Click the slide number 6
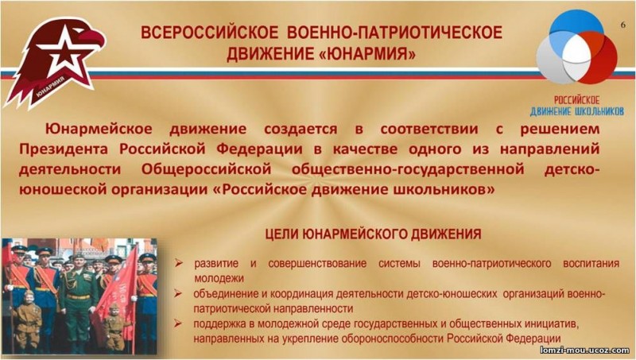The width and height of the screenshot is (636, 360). (x=623, y=25)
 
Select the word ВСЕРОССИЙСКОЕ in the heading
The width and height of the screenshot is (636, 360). (x=210, y=33)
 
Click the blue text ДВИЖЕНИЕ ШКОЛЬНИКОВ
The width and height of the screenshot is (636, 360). (x=577, y=111)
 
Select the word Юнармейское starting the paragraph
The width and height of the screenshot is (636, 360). (x=99, y=129)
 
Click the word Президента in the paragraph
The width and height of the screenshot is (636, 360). (x=64, y=149)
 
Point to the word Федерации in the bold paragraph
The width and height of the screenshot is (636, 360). (x=259, y=149)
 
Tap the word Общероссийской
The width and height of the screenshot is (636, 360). (x=206, y=169)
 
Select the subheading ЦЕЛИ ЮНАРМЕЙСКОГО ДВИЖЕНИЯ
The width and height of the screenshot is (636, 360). (x=373, y=234)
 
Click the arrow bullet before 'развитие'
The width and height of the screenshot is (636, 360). (x=178, y=263)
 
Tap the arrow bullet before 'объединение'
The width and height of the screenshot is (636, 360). (x=178, y=293)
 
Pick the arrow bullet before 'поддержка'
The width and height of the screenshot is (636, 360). (x=178, y=323)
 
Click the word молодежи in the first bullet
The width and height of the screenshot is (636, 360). (x=219, y=278)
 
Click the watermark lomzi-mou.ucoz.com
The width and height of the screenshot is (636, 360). (x=584, y=350)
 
